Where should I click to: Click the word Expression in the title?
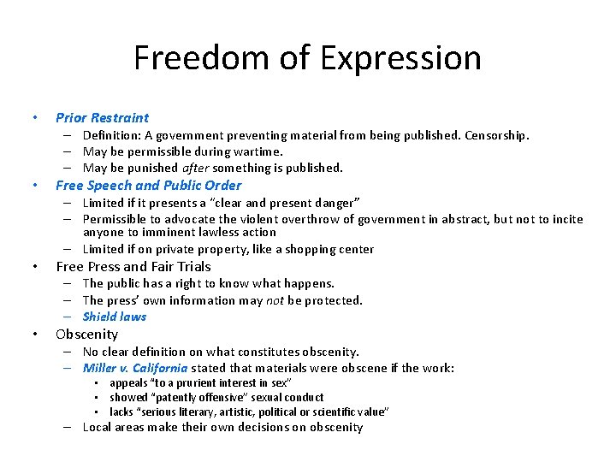(x=400, y=58)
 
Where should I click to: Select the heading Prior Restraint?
(x=102, y=118)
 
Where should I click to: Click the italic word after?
(x=196, y=168)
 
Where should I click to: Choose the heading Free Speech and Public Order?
(x=148, y=185)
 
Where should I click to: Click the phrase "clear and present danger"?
(x=296, y=202)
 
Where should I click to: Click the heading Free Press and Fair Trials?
(x=133, y=266)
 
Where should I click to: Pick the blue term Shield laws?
(x=115, y=317)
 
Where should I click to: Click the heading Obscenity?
(x=86, y=334)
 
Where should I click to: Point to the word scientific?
(x=330, y=412)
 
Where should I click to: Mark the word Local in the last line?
(x=98, y=428)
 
